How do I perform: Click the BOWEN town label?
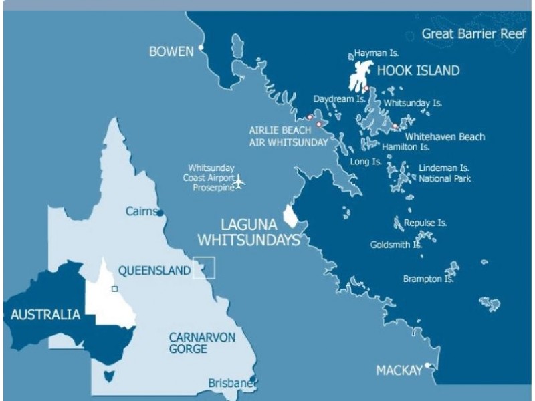tap(171, 51)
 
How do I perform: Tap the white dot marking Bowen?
tap(200, 48)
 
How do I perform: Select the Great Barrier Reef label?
tap(473, 34)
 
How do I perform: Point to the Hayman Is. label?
tap(377, 52)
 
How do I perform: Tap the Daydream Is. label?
tap(339, 98)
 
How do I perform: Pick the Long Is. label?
tap(366, 162)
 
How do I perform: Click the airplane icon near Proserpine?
tap(240, 180)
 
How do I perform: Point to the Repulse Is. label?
tap(425, 223)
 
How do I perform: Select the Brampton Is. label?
tap(428, 279)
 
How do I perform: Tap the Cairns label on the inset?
tap(140, 211)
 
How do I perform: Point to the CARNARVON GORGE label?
tap(202, 343)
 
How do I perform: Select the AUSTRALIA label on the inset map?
tap(45, 315)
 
